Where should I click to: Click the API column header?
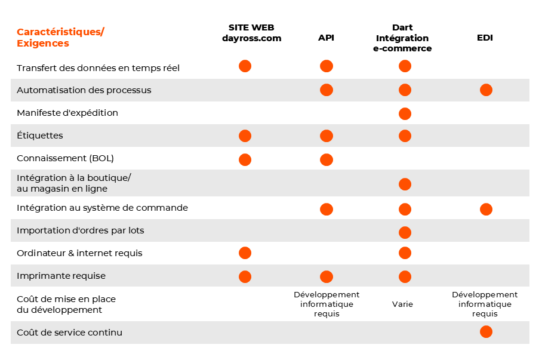(326, 38)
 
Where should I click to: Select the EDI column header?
(485, 38)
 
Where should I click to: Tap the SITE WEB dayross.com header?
(251, 33)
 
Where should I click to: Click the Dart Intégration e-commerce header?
(402, 38)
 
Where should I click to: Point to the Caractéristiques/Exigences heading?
(60, 38)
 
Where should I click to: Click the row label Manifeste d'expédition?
(67, 113)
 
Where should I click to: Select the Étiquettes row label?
(40, 136)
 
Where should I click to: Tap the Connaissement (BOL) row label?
(65, 158)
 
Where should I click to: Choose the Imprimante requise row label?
(61, 276)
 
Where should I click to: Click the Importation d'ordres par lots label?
(81, 230)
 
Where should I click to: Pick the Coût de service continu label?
(69, 332)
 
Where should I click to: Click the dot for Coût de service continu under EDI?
(486, 332)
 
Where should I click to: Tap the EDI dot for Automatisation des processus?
(486, 90)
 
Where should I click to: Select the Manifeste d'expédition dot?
(405, 113)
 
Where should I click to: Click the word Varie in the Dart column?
(402, 304)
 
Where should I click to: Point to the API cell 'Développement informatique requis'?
(327, 304)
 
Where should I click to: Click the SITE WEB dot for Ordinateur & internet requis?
(245, 253)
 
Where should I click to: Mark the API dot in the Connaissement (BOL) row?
(326, 159)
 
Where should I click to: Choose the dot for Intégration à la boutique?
(405, 184)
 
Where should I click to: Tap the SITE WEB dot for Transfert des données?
(245, 66)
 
